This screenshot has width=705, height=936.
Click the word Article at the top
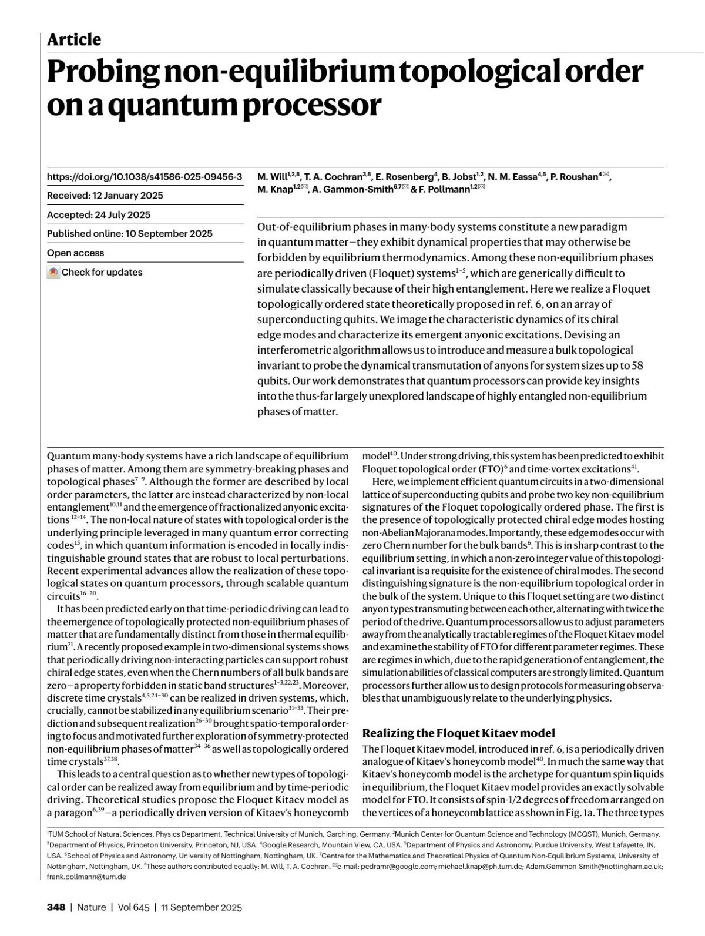pyautogui.click(x=74, y=40)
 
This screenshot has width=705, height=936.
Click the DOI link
pyautogui.click(x=144, y=176)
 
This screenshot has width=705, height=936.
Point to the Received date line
pyautogui.click(x=105, y=196)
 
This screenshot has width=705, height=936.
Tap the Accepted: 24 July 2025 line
pyautogui.click(x=99, y=214)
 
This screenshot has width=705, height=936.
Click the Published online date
pyautogui.click(x=129, y=233)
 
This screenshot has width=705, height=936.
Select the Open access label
pyautogui.click(x=75, y=253)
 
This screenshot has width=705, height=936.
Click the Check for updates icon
pyautogui.click(x=53, y=273)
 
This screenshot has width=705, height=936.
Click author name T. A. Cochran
pyautogui.click(x=333, y=176)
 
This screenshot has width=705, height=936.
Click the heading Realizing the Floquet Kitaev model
pyautogui.click(x=458, y=733)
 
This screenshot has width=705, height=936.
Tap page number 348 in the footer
pyautogui.click(x=56, y=907)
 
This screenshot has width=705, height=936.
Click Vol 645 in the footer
pyautogui.click(x=133, y=907)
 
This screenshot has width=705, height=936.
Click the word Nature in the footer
pyautogui.click(x=92, y=907)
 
